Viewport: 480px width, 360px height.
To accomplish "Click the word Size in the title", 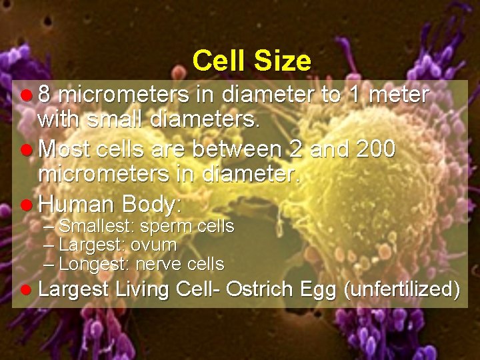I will click(x=283, y=61).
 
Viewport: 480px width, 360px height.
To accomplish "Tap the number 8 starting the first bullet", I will click(x=45, y=95).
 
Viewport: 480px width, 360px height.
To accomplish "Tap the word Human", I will click(x=75, y=203).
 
